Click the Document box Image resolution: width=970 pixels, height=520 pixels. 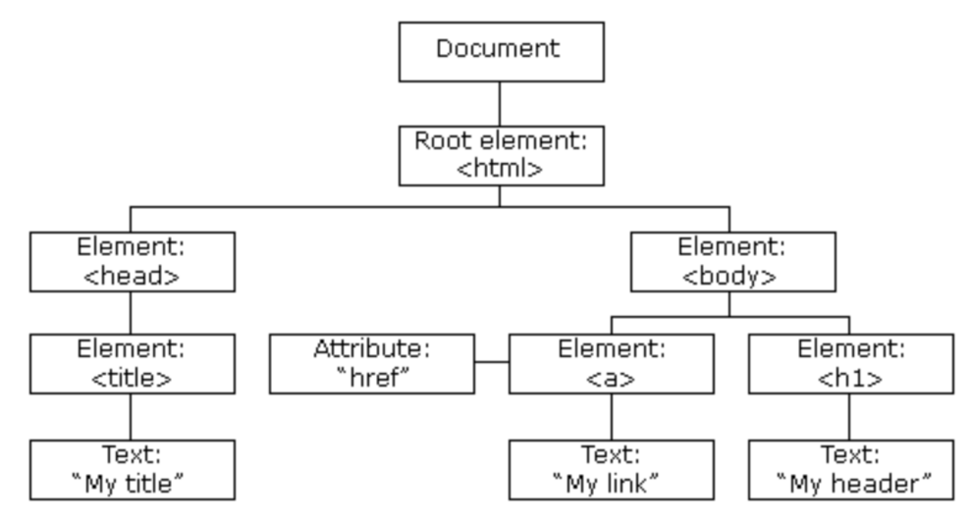coord(502,52)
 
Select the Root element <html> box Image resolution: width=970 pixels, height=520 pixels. coord(502,156)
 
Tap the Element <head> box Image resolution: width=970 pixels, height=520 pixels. coord(133,262)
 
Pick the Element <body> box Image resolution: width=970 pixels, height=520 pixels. coord(733,262)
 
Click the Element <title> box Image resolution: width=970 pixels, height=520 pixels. coord(133,364)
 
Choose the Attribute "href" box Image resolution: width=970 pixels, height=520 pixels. coord(372,364)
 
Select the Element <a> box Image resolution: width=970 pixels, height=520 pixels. coord(612,364)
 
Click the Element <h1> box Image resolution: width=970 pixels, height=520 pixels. coord(851,364)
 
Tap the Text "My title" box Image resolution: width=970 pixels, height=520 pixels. coord(133,470)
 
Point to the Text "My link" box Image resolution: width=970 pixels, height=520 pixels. coord(612,470)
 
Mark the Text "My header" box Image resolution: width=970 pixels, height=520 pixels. coord(851,470)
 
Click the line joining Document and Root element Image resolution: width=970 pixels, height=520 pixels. coord(499,104)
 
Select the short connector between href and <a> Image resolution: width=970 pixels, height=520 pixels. coord(492,362)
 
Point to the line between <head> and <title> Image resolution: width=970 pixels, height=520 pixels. coord(131,313)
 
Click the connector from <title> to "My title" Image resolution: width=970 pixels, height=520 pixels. coord(131,417)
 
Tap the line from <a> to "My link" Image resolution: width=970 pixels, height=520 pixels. coord(612,417)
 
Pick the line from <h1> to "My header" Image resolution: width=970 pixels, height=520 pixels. coord(850,417)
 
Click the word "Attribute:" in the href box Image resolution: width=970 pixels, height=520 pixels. coord(372,349)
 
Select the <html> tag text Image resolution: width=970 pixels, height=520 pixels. coord(499,168)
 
